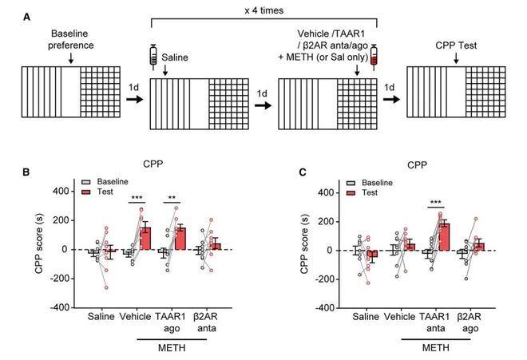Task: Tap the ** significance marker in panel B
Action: (x=172, y=196)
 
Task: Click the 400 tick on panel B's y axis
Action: (x=69, y=192)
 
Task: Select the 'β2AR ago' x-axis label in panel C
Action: (x=474, y=323)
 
